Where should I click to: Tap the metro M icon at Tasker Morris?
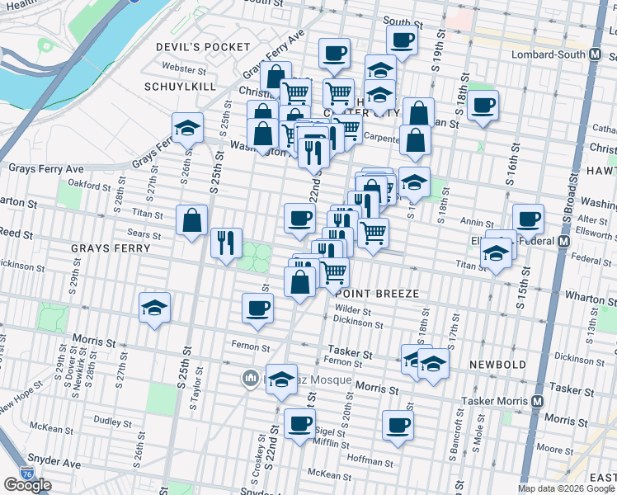tap(537, 401)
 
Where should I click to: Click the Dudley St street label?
tap(107, 420)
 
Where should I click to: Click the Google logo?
tap(27, 485)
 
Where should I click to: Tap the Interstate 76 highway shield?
tap(29, 474)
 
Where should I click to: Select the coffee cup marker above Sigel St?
tap(299, 424)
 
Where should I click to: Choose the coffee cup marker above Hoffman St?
tap(398, 426)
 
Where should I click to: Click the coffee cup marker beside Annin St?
tap(528, 219)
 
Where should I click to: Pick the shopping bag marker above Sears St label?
tap(191, 220)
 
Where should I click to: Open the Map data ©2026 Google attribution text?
tap(566, 488)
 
